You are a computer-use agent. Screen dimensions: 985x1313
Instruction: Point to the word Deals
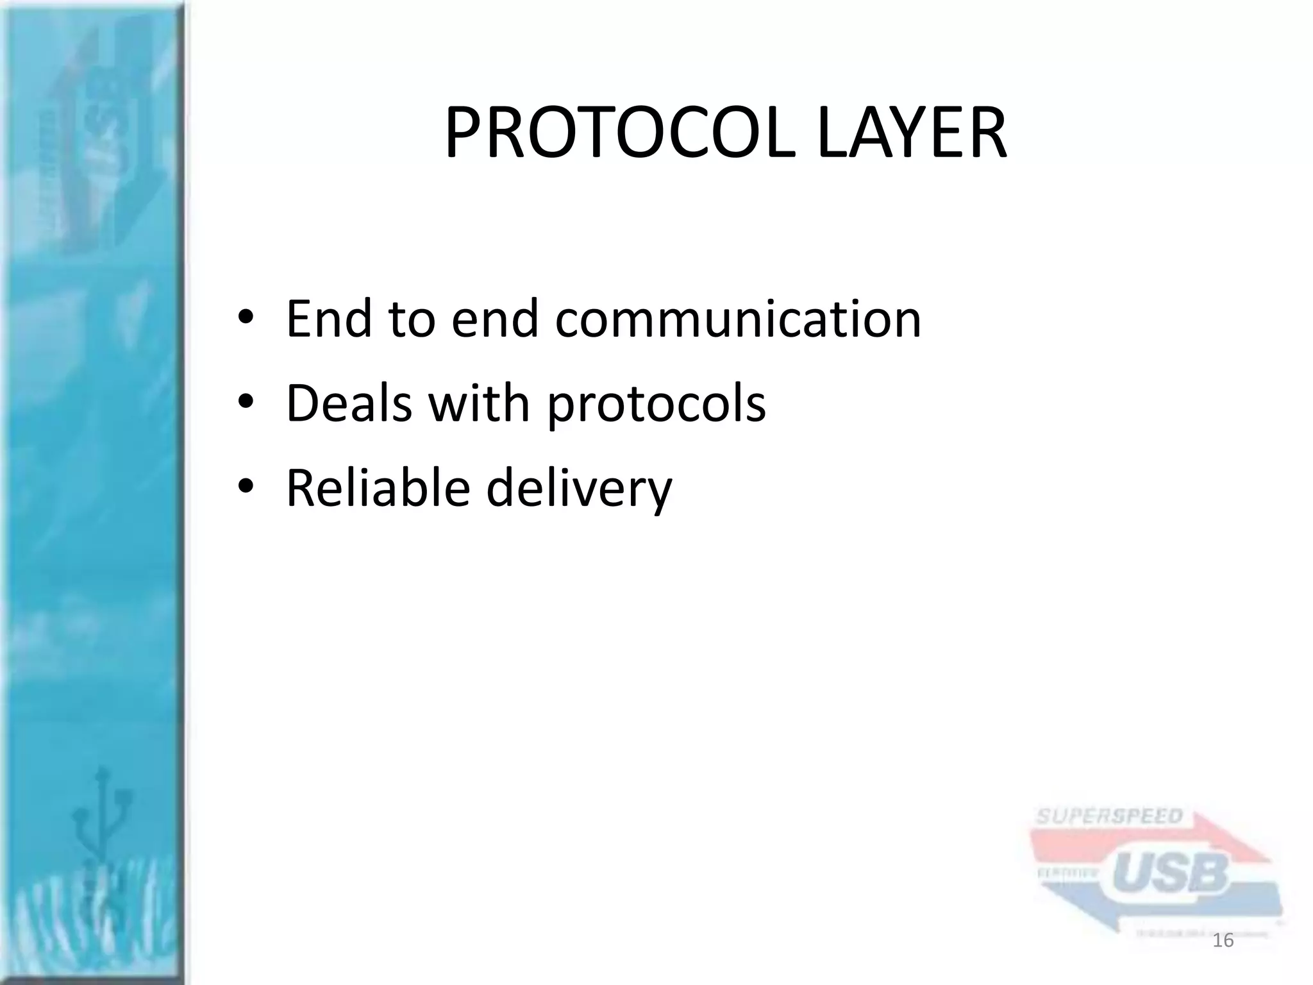click(349, 403)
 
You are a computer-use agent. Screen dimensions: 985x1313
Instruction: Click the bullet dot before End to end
click(246, 319)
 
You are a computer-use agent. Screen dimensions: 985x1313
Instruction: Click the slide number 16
click(1223, 941)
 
